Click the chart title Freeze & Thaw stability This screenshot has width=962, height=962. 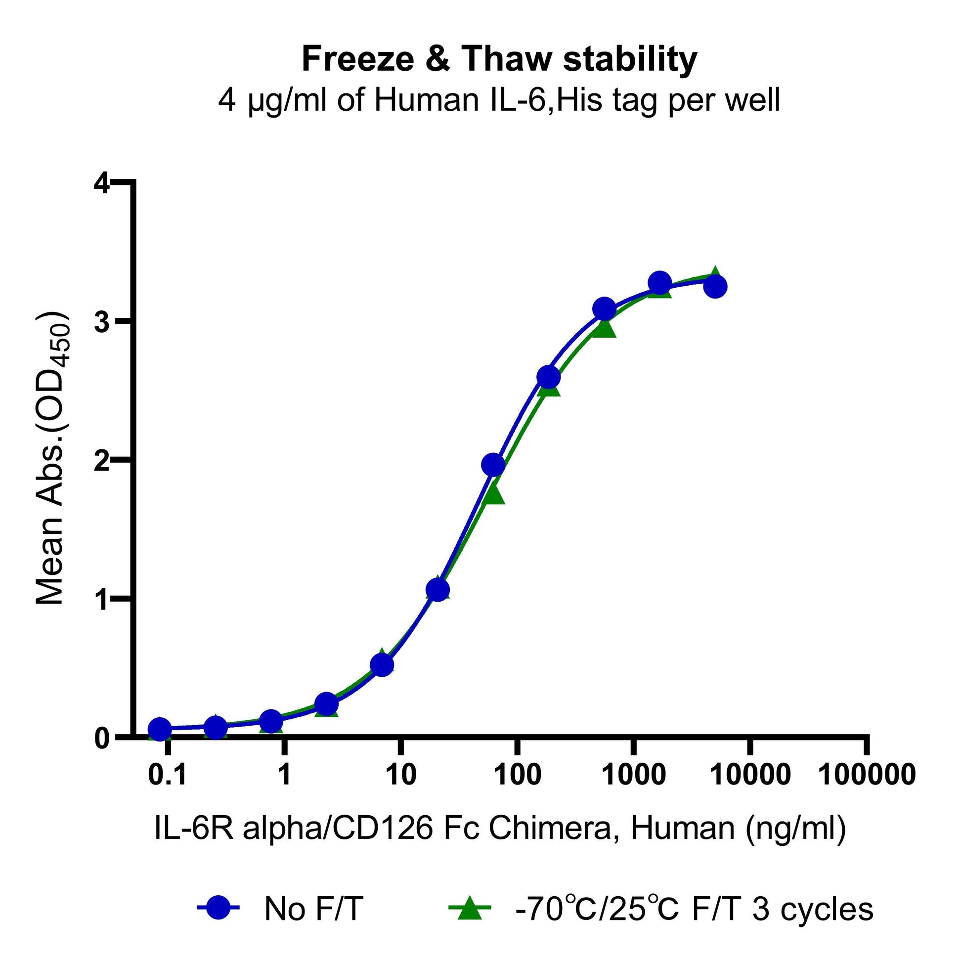(x=499, y=59)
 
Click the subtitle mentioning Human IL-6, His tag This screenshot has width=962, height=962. (x=499, y=100)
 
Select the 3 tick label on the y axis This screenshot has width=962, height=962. (x=101, y=322)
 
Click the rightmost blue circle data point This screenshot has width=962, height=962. (x=715, y=287)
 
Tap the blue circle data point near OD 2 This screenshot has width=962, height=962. (x=493, y=465)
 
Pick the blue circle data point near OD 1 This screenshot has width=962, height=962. (x=437, y=590)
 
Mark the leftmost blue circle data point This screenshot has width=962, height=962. (x=160, y=729)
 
